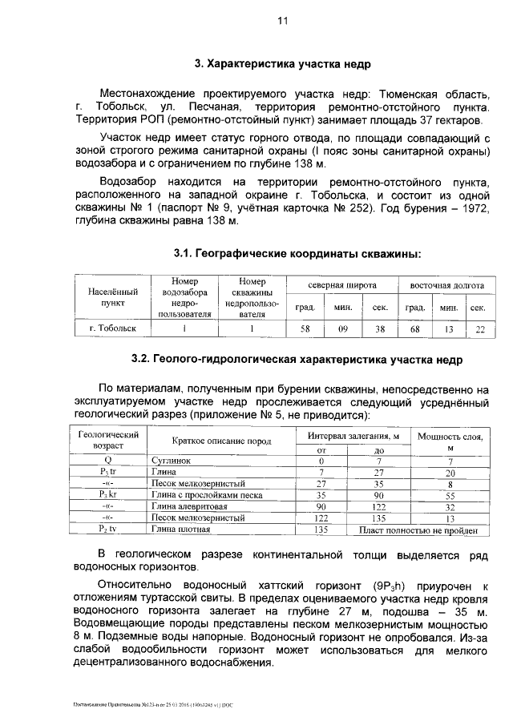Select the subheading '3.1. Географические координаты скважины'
[297, 254]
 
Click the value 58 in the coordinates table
[305, 328]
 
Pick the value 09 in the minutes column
[342, 328]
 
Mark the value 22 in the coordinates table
[479, 328]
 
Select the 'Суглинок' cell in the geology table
[170, 461]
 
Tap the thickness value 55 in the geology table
[450, 495]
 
